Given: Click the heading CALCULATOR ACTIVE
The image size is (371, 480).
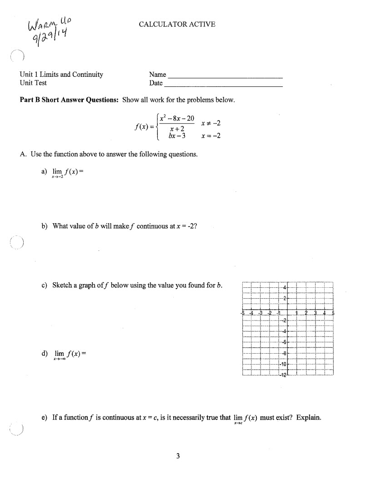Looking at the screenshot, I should pos(177,24).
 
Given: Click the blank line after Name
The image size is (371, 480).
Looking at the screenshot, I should pos(225,75).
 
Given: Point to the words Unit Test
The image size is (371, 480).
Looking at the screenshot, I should pos(33,83).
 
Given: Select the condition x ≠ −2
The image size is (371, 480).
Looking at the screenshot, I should pos(210,123).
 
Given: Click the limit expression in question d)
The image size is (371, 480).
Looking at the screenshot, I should pos(69,354).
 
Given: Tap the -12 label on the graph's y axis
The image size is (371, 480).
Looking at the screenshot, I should pos(283,375).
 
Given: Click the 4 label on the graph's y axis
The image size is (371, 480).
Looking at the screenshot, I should pos(285,287).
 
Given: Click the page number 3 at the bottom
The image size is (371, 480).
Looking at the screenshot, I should pos(179,456).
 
